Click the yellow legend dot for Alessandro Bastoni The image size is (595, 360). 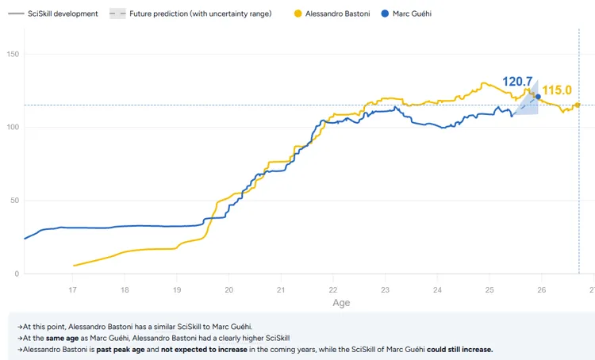click(x=298, y=13)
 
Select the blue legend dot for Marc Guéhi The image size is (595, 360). click(x=385, y=13)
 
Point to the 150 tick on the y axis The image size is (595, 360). click(x=13, y=54)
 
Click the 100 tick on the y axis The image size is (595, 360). click(x=13, y=127)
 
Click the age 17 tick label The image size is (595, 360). click(x=73, y=289)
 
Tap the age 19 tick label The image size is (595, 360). click(x=177, y=289)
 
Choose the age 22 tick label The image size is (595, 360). click(x=333, y=289)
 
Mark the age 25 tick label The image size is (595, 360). click(x=489, y=289)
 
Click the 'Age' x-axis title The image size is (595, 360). click(x=340, y=303)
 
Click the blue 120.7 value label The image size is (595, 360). click(x=517, y=82)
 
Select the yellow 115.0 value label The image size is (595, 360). click(x=557, y=90)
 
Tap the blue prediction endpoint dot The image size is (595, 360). click(x=538, y=97)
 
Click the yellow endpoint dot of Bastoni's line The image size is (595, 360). click(x=578, y=105)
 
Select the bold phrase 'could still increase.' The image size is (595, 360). click(x=459, y=350)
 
